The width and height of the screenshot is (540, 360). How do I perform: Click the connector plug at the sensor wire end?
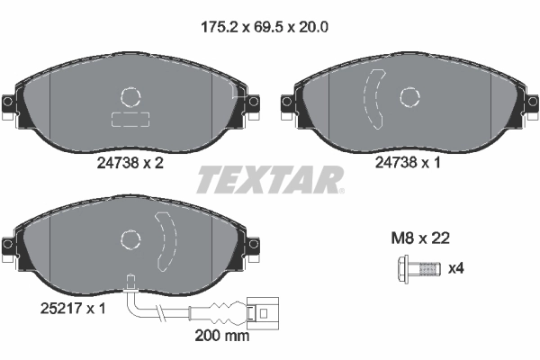pyautogui.click(x=262, y=314)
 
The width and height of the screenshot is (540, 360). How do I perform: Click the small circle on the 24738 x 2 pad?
pyautogui.click(x=131, y=98)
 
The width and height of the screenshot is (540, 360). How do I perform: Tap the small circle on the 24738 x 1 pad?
pyautogui.click(x=410, y=96)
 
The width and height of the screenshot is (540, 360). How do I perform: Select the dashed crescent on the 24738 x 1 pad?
pyautogui.click(x=373, y=99)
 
